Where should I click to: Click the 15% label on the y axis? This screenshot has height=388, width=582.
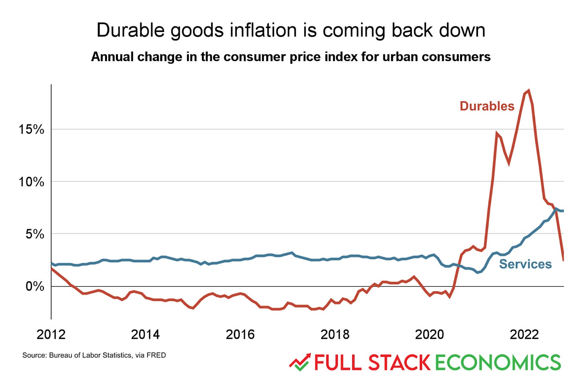tap(31, 129)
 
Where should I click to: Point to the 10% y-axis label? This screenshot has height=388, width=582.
tap(31, 182)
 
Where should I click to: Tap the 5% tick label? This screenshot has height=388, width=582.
tap(35, 234)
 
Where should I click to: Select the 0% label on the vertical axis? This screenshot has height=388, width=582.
tap(35, 286)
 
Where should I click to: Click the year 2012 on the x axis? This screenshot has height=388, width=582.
tap(51, 334)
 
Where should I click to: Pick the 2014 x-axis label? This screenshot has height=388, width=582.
tap(145, 334)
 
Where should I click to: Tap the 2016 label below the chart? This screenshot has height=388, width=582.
tap(240, 334)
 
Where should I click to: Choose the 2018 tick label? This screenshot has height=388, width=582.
tap(335, 334)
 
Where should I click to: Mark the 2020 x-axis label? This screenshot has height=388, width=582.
tap(429, 334)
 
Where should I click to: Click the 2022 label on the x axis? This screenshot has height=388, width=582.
tap(524, 334)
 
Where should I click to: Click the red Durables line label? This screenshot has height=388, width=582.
tap(487, 106)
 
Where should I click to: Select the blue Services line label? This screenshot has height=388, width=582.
tap(525, 264)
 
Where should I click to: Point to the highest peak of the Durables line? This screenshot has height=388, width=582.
tap(528, 90)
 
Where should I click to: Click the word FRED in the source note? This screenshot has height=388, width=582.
tap(156, 355)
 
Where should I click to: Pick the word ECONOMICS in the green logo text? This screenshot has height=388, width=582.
tap(498, 362)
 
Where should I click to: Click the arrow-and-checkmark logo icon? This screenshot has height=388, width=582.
tap(300, 362)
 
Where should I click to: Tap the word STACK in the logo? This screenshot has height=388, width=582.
tap(399, 362)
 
